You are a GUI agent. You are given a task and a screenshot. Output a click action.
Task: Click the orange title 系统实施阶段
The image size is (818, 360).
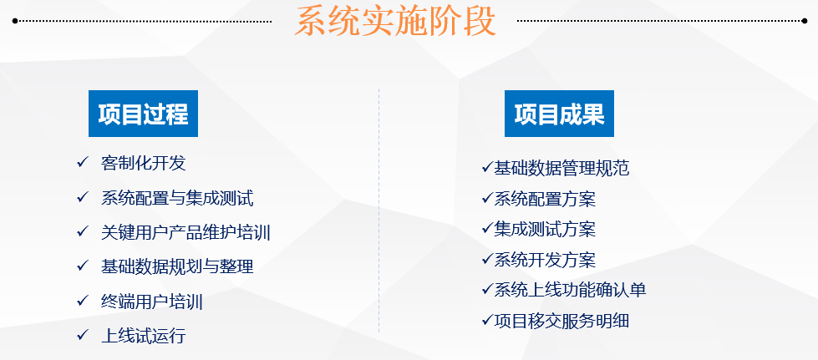click(395, 23)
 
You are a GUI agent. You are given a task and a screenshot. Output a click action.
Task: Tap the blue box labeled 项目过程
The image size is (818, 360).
click(143, 114)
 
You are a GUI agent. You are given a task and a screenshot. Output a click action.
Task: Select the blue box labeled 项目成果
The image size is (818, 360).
click(559, 114)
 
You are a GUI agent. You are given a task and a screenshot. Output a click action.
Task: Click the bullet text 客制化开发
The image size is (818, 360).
click(143, 163)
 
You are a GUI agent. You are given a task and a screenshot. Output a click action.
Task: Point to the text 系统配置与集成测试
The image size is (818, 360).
click(176, 198)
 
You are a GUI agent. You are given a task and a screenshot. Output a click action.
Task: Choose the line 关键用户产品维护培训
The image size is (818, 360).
click(185, 232)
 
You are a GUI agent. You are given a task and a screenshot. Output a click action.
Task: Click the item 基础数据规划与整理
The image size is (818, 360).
click(176, 266)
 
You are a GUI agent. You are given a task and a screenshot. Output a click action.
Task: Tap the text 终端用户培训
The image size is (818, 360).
click(151, 302)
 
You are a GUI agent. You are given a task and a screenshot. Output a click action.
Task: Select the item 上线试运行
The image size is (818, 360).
click(143, 336)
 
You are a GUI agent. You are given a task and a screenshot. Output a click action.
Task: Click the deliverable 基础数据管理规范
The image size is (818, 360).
click(561, 169)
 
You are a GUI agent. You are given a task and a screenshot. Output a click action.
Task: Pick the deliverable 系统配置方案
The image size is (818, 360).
click(545, 199)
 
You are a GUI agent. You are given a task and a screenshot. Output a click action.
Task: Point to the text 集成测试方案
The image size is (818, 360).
click(545, 229)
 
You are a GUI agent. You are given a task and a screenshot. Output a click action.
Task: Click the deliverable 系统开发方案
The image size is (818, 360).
click(545, 260)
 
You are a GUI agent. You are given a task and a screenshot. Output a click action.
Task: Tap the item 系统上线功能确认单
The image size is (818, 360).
click(570, 290)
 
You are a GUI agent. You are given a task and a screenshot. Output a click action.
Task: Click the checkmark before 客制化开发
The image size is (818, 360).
click(82, 162)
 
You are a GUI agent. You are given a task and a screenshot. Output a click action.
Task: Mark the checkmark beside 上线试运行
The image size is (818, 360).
click(82, 335)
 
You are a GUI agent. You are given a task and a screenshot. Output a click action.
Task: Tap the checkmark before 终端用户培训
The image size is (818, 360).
click(82, 300)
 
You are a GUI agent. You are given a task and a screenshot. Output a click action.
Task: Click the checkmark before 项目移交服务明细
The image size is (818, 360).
click(487, 319)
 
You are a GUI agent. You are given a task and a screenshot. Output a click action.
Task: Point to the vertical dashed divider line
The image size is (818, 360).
click(379, 209)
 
